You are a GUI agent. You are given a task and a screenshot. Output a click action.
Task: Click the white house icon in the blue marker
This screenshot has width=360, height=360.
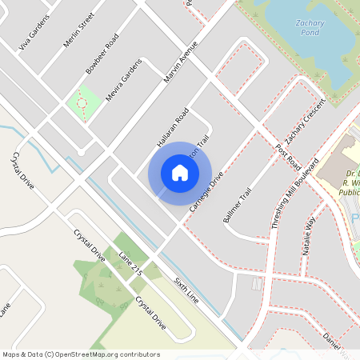click(180, 172)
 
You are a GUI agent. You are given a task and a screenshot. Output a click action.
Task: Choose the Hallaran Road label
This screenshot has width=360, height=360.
click(172, 127)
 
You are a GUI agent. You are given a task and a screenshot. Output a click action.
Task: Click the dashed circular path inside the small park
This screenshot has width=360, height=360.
click(81, 102)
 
